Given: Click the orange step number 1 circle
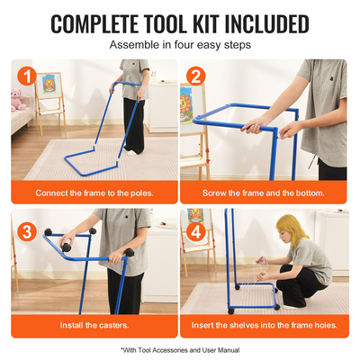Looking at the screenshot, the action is [27, 76].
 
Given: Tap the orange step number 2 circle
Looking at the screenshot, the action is [196, 76].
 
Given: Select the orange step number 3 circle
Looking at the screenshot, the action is [27, 232].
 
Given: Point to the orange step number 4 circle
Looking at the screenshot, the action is [196, 232].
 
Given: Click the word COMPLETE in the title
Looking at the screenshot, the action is [94, 24].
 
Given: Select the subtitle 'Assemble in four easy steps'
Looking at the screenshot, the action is [180, 45].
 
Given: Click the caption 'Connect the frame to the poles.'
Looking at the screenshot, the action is [94, 193].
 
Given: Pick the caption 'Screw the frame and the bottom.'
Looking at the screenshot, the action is [264, 193].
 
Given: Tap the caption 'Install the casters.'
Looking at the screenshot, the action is [94, 325].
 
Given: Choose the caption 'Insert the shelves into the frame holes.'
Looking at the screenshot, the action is [265, 325].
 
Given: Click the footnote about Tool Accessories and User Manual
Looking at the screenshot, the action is [180, 350].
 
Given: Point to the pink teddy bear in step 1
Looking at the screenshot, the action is [18, 99].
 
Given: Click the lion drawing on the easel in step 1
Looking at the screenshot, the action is [49, 84].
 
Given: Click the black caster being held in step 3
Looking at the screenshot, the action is [67, 247].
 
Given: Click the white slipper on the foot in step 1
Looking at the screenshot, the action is [132, 152].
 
